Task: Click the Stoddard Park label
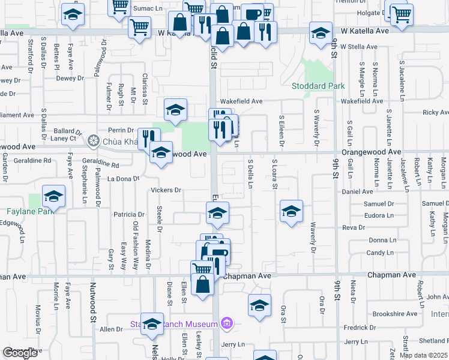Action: click(318, 86)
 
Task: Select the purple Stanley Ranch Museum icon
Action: click(226, 324)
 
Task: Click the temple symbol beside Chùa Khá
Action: click(92, 142)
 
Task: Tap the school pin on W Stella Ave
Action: click(321, 33)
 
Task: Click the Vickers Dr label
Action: click(166, 190)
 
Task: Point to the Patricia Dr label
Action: click(129, 214)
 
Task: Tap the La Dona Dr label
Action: click(122, 179)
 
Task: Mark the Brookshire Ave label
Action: click(394, 314)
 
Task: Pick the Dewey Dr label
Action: click(70, 78)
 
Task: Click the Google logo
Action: click(20, 353)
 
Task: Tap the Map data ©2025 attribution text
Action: click(423, 355)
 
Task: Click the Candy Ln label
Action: click(379, 253)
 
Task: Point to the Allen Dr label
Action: click(111, 329)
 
